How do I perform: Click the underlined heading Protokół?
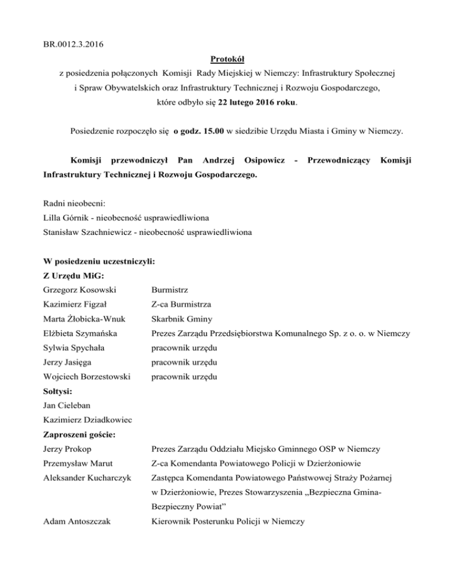227,60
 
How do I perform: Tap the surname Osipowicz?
259,160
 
